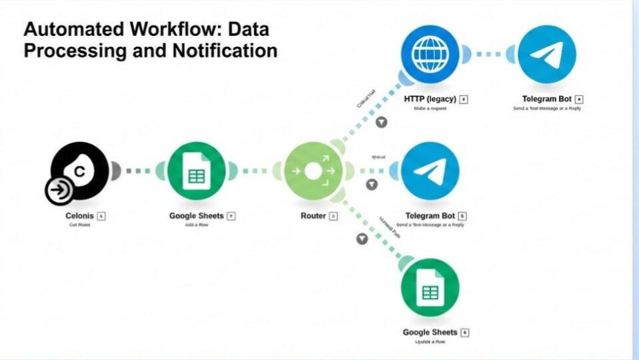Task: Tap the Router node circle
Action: pyautogui.click(x=313, y=172)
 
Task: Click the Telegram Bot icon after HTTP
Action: pyautogui.click(x=546, y=53)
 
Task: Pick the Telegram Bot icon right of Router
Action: pyautogui.click(x=430, y=171)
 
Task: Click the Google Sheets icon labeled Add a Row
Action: pyautogui.click(x=197, y=172)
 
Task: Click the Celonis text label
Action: pyautogui.click(x=80, y=216)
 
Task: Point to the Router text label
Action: pyautogui.click(x=313, y=216)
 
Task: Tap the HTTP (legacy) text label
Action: pyautogui.click(x=430, y=99)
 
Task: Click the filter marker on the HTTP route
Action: pyautogui.click(x=381, y=123)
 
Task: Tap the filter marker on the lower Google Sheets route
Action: pyautogui.click(x=362, y=239)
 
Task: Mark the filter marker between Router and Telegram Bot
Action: pyautogui.click(x=372, y=184)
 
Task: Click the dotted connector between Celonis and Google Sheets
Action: pyautogui.click(x=138, y=171)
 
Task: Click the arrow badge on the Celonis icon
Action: pyautogui.click(x=59, y=191)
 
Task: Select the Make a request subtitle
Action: pyautogui.click(x=430, y=108)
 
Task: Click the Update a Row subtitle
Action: pyautogui.click(x=430, y=342)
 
